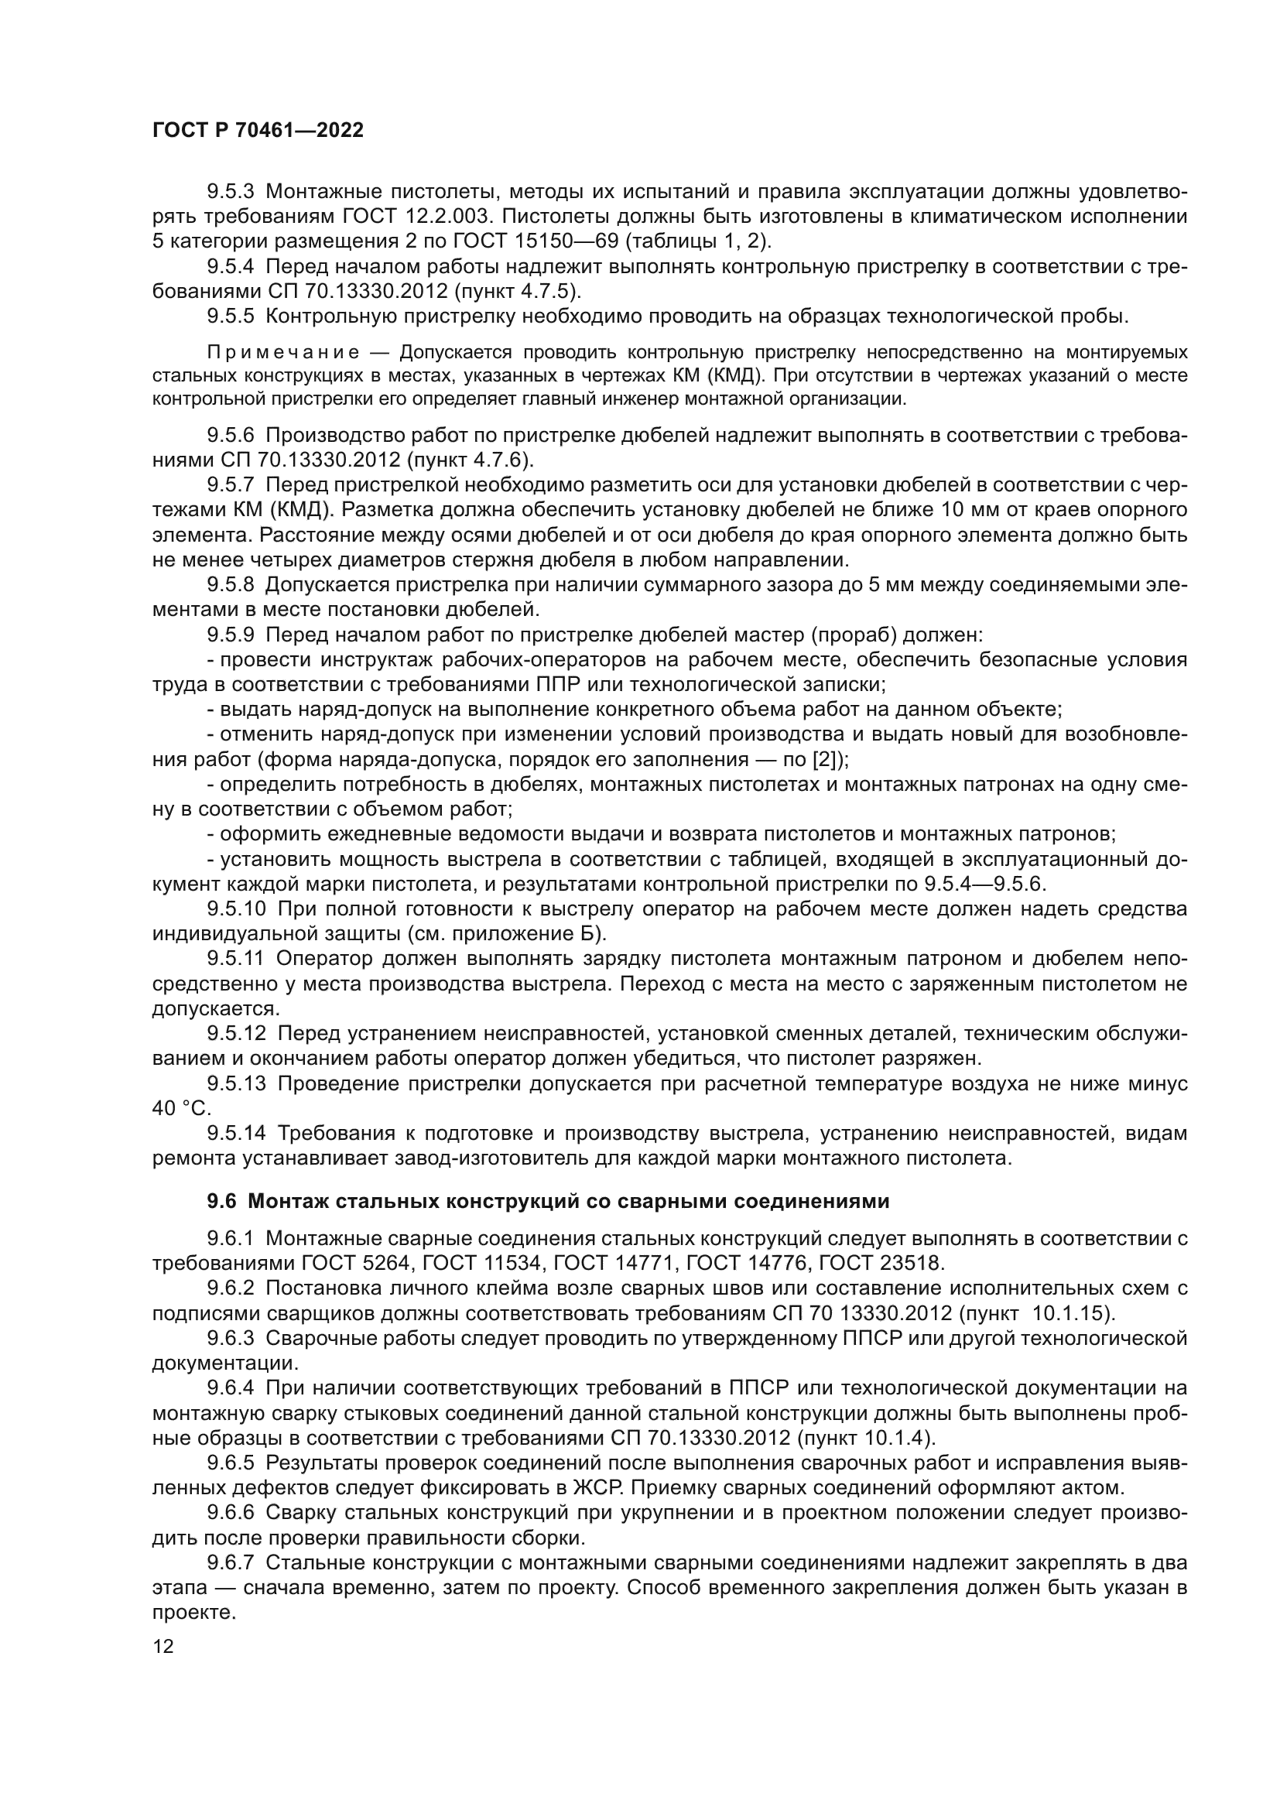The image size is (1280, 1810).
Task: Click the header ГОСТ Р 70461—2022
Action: click(258, 131)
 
